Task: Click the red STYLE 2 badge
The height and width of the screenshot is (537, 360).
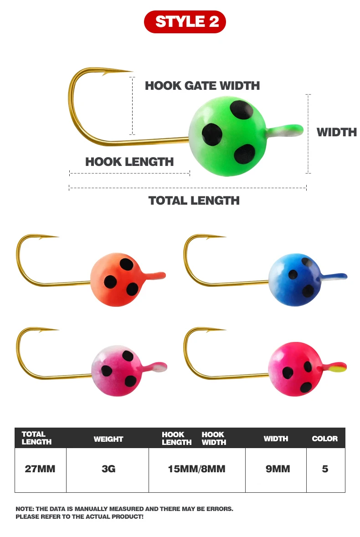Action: coord(185,21)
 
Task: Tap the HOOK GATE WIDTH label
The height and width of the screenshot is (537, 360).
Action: coord(202,86)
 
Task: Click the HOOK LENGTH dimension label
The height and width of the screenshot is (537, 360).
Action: coord(129,162)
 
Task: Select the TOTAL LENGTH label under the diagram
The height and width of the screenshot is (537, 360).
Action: coord(194,200)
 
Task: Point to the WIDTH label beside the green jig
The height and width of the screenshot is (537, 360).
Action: coord(336,132)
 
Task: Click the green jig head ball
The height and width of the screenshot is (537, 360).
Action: coord(227,136)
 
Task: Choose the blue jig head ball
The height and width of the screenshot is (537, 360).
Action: coord(295,280)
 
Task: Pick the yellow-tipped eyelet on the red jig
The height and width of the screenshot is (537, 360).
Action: coord(334,367)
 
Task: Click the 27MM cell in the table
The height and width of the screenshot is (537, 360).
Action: coord(40,469)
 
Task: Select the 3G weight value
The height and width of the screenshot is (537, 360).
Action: coord(108,469)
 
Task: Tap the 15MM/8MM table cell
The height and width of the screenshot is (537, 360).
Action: coord(197,469)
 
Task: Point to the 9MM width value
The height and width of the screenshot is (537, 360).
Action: coord(278,469)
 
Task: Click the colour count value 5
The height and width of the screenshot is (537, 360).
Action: coord(325,469)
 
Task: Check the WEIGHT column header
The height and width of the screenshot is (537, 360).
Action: coord(108,439)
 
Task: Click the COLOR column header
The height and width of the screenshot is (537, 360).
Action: coord(325,439)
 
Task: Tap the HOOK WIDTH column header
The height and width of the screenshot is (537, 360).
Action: coord(214,439)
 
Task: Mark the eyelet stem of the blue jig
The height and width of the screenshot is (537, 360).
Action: coord(334,276)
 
